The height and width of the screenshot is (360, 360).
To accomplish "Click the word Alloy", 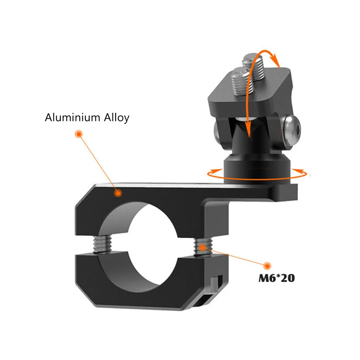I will point(116,118).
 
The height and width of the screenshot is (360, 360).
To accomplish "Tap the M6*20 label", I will point(276,279).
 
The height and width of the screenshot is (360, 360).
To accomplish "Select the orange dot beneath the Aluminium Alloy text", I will point(78,134).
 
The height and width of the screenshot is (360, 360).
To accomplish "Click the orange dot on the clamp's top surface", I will point(118,193).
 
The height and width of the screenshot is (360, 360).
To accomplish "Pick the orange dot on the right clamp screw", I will point(203,246).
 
